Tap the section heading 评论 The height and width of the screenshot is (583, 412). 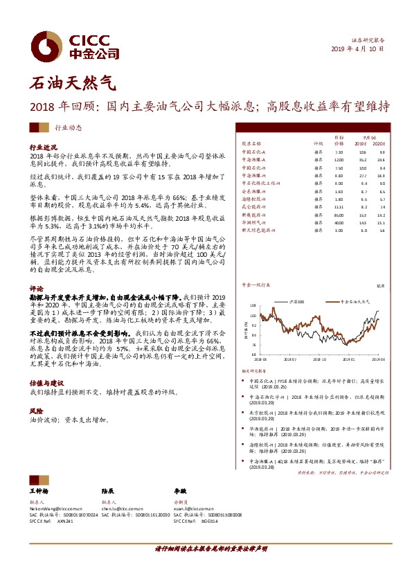click(x=36, y=286)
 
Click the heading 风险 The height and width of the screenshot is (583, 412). click(x=36, y=411)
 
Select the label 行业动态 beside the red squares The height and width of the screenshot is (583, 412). click(x=68, y=127)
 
